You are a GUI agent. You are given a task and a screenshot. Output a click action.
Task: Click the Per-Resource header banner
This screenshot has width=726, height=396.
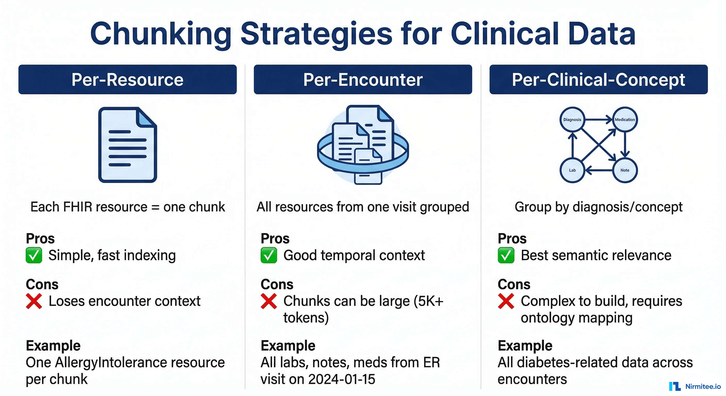pyautogui.click(x=127, y=79)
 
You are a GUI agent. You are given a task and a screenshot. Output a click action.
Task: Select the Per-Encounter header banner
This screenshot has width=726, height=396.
pyautogui.click(x=363, y=79)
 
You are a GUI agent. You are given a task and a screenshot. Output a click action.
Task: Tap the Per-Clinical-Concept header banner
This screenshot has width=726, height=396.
pyautogui.click(x=598, y=79)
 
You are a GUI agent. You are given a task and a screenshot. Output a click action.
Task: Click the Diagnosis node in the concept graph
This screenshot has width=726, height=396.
pyautogui.click(x=572, y=120)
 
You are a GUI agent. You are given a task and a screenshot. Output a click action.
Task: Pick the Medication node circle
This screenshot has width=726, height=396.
pyautogui.click(x=625, y=120)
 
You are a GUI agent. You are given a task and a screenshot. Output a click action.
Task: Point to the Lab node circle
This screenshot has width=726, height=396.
pyautogui.click(x=572, y=170)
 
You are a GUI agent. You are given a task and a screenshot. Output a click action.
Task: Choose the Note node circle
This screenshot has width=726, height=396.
pyautogui.click(x=625, y=170)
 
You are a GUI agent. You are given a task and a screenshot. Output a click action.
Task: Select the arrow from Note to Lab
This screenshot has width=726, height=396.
pyautogui.click(x=599, y=170)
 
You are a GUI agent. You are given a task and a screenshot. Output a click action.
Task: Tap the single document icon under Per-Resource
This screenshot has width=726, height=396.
pyautogui.click(x=127, y=145)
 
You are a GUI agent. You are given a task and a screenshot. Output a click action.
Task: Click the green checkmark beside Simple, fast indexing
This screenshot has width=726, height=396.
pyautogui.click(x=34, y=255)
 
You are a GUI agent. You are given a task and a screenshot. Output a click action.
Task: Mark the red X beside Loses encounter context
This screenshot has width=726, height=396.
pyautogui.click(x=34, y=301)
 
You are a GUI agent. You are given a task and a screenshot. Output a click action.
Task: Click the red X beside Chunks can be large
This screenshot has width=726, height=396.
pyautogui.click(x=269, y=301)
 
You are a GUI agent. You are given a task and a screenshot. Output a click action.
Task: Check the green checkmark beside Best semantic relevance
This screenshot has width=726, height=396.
pyautogui.click(x=506, y=255)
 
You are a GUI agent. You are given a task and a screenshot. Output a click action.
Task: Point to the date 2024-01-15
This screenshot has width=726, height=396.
pyautogui.click(x=342, y=379)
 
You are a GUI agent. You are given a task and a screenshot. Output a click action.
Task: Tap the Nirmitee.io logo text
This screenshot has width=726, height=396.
pyautogui.click(x=703, y=386)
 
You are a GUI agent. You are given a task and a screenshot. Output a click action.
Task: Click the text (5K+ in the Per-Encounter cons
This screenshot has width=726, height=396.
pyautogui.click(x=428, y=301)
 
